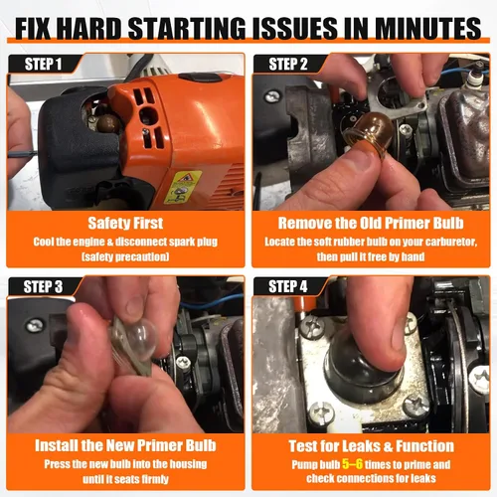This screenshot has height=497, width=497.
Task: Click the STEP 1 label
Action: [43, 64]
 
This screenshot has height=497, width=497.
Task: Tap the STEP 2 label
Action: [288, 64]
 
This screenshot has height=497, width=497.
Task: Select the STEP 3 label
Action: [43, 286]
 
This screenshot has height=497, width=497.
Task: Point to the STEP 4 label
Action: [287, 286]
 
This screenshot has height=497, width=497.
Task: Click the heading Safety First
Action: [125, 223]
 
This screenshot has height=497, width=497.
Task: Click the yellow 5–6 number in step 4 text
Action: [352, 464]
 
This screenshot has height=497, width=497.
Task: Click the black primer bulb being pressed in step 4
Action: [360, 368]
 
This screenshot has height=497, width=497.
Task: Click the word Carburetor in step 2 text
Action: [451, 242]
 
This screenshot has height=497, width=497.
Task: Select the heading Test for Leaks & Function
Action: [371, 446]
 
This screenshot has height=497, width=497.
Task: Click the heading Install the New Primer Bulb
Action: [125, 445]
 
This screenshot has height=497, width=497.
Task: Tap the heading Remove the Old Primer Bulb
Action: [371, 223]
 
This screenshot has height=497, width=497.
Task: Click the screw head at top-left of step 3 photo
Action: [35, 326]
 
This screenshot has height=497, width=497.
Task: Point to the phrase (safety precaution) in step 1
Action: [125, 256]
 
